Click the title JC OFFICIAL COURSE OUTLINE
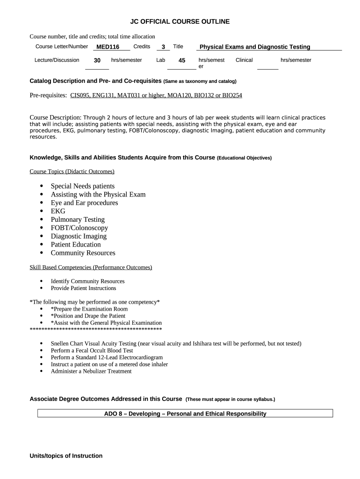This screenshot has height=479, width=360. point(180,22)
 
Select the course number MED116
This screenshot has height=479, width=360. point(108,47)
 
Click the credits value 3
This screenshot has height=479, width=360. point(163,47)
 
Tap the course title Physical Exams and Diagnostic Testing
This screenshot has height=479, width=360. point(255,47)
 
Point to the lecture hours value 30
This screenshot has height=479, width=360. point(97,60)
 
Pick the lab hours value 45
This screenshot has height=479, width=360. point(182,60)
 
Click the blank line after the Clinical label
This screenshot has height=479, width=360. point(267,68)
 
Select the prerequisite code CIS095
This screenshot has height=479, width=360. point(81,95)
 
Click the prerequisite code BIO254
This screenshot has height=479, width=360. point(232,95)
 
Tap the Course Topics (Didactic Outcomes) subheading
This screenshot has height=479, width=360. point(72,172)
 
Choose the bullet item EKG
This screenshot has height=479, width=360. point(58,211)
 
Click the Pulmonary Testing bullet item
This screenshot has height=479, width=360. point(78,219)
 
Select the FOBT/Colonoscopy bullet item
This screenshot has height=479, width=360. point(79,228)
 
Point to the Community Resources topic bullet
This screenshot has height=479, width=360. point(83,253)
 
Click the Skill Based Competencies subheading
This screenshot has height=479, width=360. point(91,268)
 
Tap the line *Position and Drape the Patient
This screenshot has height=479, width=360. point(88,316)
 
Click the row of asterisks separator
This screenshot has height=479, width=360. point(95,330)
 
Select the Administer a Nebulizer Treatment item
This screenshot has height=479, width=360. point(91,371)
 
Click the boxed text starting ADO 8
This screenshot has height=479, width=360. point(185,414)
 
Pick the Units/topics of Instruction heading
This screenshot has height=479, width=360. point(66,456)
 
